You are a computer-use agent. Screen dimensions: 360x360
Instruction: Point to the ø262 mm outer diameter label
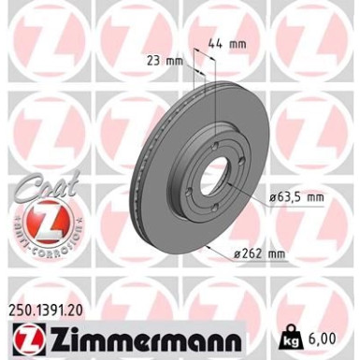[x=261, y=252]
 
